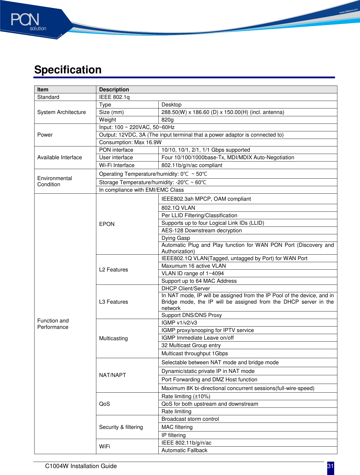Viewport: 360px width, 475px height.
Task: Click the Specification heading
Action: click(68, 70)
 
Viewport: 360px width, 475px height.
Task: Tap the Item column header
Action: click(43, 90)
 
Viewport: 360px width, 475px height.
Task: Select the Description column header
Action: click(114, 90)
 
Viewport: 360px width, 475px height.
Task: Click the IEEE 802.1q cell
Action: click(115, 97)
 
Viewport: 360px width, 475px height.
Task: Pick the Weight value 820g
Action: click(168, 120)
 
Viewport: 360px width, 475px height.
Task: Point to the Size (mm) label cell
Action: click(111, 112)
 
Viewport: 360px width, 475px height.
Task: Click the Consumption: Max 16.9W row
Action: click(130, 142)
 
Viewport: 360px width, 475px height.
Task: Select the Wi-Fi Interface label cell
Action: click(117, 165)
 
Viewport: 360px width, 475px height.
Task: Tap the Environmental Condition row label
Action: click(55, 181)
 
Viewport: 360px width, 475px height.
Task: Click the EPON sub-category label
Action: click(107, 224)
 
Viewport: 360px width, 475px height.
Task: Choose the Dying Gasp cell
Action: click(176, 238)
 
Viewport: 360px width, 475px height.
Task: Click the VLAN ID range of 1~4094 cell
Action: click(193, 273)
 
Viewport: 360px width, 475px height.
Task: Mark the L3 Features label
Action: click(113, 302)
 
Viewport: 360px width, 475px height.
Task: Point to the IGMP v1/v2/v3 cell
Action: click(179, 323)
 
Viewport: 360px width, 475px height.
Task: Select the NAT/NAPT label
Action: click(113, 375)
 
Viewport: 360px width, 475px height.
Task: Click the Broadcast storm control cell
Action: click(190, 419)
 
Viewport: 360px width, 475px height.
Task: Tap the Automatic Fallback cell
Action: click(184, 450)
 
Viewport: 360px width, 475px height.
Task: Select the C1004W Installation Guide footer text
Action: click(81, 466)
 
